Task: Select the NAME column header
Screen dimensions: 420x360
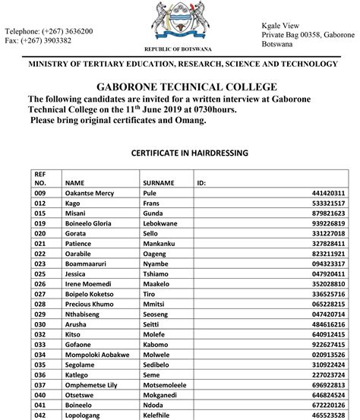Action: click(x=74, y=183)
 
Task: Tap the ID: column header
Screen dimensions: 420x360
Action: click(x=201, y=183)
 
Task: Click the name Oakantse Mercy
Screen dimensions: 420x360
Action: click(x=90, y=194)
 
